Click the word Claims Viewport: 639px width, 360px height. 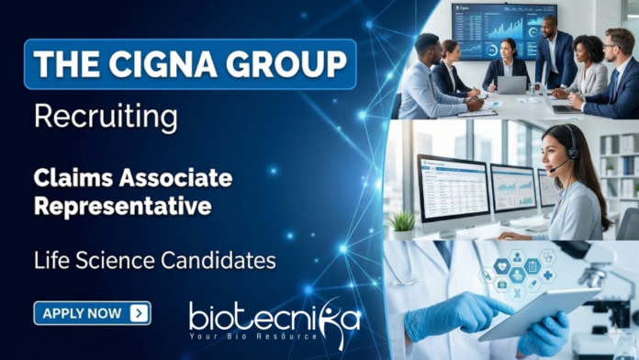74,176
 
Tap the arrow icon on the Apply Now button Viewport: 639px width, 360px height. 139,313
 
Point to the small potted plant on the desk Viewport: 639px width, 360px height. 402,221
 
